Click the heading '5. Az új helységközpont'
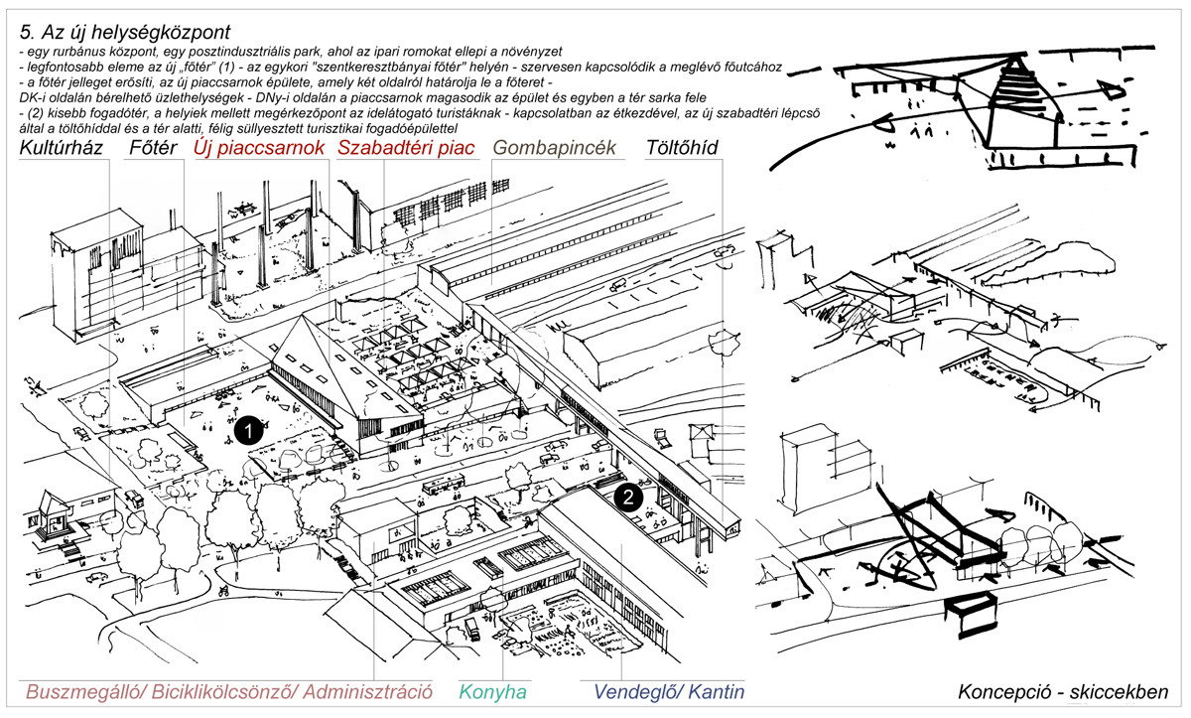coord(124,33)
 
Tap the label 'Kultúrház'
coord(62,147)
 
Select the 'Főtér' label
coord(153,147)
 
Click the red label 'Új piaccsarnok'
coord(259,148)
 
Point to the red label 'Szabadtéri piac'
coord(406,148)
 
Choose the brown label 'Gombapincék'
coord(555,148)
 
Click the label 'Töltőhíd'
coord(682,147)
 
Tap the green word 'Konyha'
coord(493,692)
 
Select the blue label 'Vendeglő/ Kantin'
coord(669,692)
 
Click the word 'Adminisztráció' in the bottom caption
coord(367,692)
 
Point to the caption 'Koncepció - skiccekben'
coord(1063,692)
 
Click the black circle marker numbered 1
coord(248,430)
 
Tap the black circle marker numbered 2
coord(628,498)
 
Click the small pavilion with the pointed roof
coord(55,515)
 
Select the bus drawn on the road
coord(444,485)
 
